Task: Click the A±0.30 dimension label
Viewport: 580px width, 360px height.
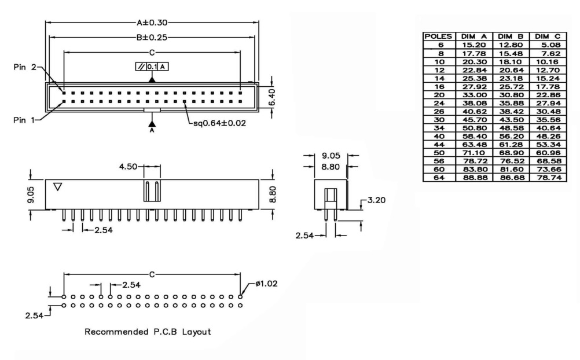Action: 152,23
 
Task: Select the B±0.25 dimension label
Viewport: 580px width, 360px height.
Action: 152,38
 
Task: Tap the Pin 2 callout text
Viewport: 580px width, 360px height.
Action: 24,68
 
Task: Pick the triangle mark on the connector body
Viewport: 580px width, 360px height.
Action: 57,187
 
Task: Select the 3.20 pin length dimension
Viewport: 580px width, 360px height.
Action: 376,201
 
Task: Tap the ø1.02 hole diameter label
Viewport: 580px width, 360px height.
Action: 267,284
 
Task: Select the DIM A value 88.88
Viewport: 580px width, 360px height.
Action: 475,179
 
